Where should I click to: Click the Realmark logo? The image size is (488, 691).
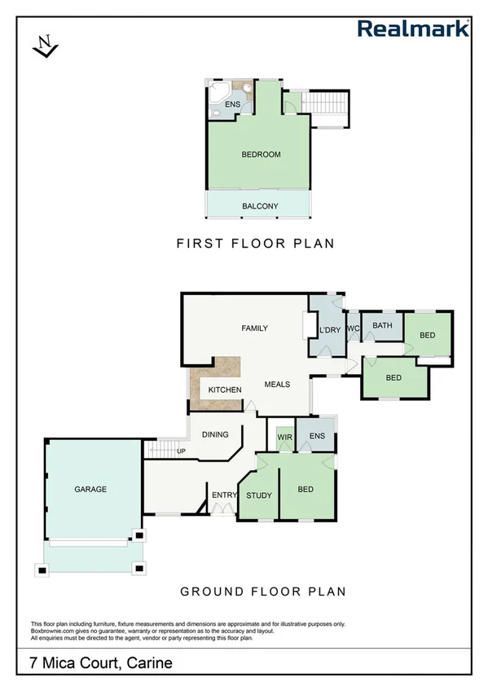[414, 29]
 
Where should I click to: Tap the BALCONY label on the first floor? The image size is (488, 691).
[260, 206]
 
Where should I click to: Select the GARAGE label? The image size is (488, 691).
[90, 490]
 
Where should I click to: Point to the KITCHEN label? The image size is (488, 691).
[225, 390]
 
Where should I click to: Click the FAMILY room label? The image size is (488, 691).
[254, 328]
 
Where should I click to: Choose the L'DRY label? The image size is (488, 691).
[328, 329]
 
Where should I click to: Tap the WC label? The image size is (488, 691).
[353, 328]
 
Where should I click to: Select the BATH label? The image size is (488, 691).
[382, 326]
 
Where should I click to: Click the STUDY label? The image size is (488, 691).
[258, 495]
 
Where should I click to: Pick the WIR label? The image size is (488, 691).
[284, 438]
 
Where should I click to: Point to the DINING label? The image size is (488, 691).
[215, 435]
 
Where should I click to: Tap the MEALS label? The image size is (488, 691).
[278, 385]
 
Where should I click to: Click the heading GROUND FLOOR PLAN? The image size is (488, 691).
[263, 592]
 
